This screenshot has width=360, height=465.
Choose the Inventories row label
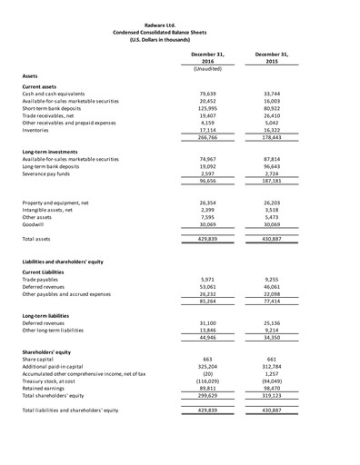38,130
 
